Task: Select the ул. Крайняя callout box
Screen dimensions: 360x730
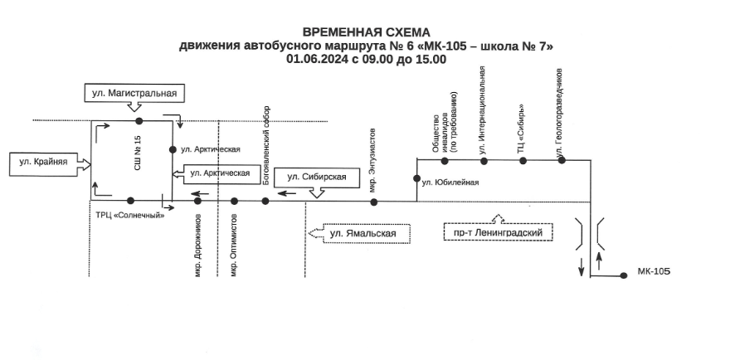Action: (x=44, y=162)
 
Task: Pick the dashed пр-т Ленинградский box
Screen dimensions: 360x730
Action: (x=498, y=233)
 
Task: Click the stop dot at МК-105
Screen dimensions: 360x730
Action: (x=624, y=276)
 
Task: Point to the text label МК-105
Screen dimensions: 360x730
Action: (x=654, y=271)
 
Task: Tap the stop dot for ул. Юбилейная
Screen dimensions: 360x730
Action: (x=416, y=178)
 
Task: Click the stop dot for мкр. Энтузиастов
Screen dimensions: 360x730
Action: (x=373, y=201)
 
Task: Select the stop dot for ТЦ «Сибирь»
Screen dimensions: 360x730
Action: (x=523, y=160)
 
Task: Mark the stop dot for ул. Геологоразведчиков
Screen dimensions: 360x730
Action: (x=562, y=160)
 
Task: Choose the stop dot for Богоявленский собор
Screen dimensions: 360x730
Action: (x=265, y=201)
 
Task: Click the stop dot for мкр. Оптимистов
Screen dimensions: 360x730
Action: (x=235, y=201)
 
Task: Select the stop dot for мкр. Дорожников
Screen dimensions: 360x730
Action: (x=197, y=201)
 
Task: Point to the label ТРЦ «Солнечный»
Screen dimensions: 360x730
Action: (x=130, y=216)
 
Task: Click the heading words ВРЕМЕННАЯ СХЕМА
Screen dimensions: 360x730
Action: (x=366, y=32)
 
